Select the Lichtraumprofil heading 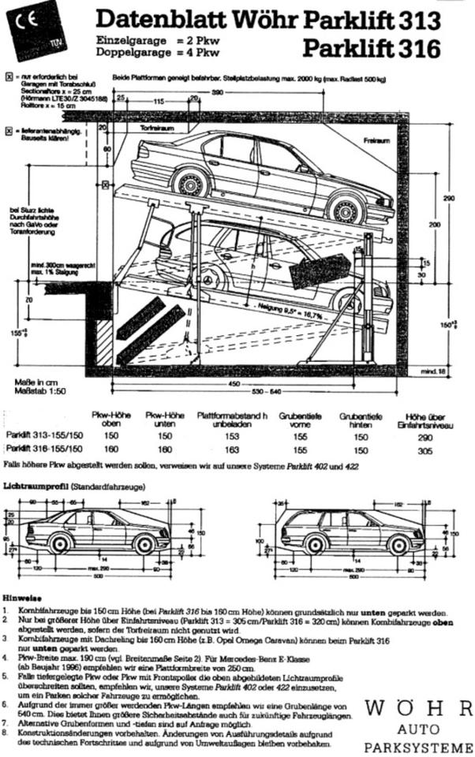coord(36,488)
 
